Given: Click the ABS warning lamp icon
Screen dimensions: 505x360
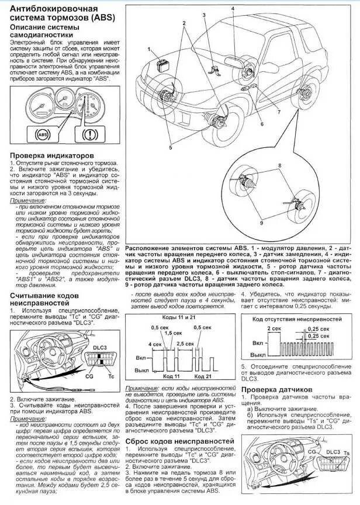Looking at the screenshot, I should pyautogui.click(x=43, y=134).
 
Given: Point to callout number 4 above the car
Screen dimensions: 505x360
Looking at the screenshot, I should pyautogui.click(x=232, y=9).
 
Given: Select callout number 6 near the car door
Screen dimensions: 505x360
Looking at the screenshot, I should pyautogui.click(x=262, y=123).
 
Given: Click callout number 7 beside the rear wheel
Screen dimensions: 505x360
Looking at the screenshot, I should pyautogui.click(x=279, y=111).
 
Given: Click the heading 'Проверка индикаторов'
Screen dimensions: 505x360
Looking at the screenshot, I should pyautogui.click(x=51, y=155).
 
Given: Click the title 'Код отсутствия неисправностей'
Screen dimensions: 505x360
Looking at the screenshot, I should pyautogui.click(x=296, y=319).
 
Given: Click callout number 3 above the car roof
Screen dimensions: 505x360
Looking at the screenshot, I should pyautogui.click(x=204, y=14).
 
